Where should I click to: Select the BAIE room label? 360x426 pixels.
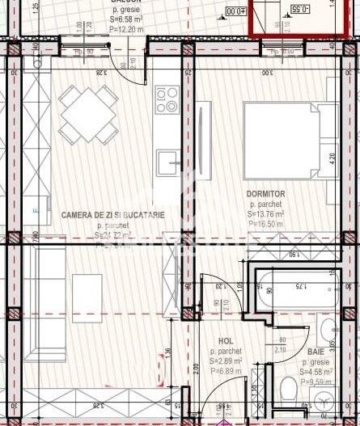click(316, 352)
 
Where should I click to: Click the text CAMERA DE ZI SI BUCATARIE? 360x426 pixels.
click(112, 215)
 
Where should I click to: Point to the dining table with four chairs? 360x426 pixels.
click(88, 113)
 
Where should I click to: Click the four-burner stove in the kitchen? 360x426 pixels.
click(167, 99)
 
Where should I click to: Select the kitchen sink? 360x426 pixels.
click(168, 162)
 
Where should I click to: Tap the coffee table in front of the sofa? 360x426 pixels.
click(87, 298)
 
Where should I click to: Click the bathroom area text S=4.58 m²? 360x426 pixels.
click(316, 372)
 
